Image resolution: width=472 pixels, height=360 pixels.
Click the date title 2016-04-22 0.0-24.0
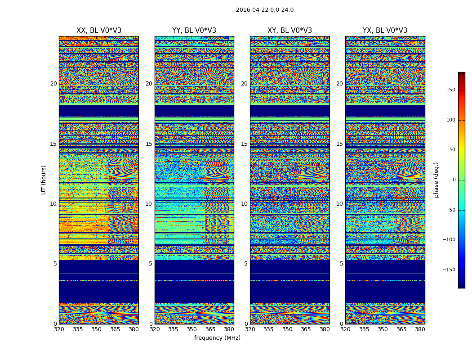tap(265, 10)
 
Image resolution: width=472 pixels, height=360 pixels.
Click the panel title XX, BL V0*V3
tap(99, 31)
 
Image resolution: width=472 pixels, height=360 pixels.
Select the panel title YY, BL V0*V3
tap(194, 31)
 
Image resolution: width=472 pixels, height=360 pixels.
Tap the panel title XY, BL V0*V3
tap(289, 31)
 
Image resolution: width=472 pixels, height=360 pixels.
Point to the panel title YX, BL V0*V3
tap(385, 31)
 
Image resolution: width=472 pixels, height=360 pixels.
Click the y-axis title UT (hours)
tap(44, 180)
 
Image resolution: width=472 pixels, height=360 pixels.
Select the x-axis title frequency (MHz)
tap(217, 338)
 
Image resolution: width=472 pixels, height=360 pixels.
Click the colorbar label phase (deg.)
tap(436, 180)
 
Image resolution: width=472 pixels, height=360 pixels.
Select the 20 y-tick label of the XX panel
tap(53, 84)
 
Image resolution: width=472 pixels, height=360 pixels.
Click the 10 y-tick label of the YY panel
tap(149, 204)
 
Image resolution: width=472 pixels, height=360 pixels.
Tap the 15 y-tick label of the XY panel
tap(244, 144)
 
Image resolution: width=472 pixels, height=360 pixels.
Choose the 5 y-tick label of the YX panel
tap(341, 264)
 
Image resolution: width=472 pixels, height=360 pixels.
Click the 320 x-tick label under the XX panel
tap(59, 329)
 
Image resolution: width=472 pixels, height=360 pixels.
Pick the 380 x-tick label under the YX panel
tap(420, 329)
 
